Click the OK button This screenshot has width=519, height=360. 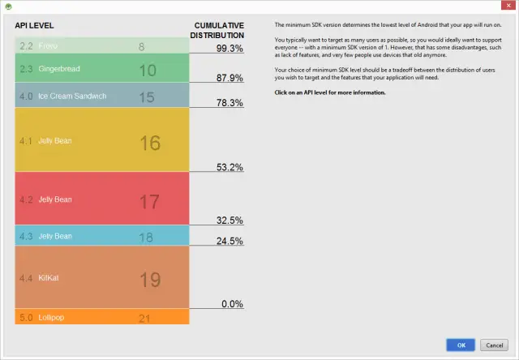coord(461,345)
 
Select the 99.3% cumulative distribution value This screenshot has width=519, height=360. coord(229,49)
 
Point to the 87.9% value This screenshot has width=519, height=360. coord(229,78)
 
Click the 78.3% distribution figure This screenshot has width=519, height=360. coord(229,103)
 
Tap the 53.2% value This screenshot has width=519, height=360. coord(229,167)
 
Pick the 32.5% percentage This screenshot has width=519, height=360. coord(229,220)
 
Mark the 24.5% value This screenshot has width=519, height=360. coord(229,241)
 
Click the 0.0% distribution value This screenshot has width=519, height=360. coord(232,303)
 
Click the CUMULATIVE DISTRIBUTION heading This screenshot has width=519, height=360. coord(217,31)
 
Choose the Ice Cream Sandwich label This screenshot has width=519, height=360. coord(72,96)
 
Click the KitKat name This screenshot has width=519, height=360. coord(49,278)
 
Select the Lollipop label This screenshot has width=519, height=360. coord(52,318)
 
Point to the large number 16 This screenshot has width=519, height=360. coord(150,143)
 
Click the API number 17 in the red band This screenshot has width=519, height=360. coord(149,201)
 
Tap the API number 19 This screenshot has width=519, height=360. coord(150,280)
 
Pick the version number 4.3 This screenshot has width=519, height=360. coord(26,237)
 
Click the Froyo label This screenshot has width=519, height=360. coord(49,45)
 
